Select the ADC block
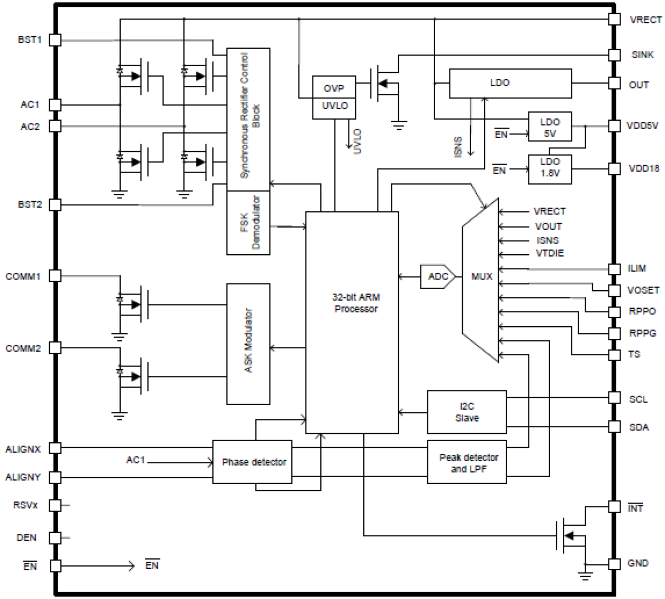(437, 276)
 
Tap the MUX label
(481, 276)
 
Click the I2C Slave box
(466, 412)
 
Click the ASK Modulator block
(248, 344)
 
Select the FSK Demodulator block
(248, 223)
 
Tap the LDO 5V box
(550, 127)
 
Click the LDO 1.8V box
(550, 169)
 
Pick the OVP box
(334, 88)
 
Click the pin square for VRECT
(614, 20)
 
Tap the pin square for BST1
(55, 40)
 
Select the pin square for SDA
(614, 427)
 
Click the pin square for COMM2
(55, 348)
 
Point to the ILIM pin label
(636, 269)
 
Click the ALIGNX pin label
(23, 449)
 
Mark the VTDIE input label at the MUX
(550, 254)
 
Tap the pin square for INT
(614, 507)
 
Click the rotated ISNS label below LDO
(459, 147)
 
